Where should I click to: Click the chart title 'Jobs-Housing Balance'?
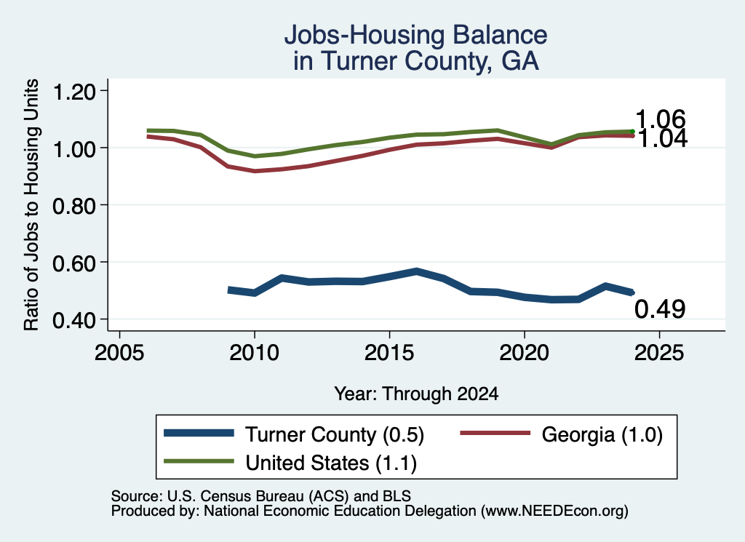(x=415, y=35)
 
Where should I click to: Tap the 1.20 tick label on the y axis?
(x=73, y=91)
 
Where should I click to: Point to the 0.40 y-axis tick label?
(x=73, y=319)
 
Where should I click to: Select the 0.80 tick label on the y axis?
(x=73, y=206)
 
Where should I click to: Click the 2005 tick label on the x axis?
(x=119, y=352)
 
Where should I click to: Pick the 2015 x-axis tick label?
(x=389, y=352)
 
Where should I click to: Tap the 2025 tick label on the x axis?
(x=659, y=352)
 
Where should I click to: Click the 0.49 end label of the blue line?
(x=660, y=309)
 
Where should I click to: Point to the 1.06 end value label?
(x=660, y=119)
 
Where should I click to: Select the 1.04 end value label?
(x=661, y=139)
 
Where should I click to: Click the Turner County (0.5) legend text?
(x=335, y=434)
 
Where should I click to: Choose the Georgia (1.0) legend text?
(x=602, y=434)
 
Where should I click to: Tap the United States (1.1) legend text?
(x=331, y=463)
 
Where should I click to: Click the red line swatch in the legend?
(x=495, y=433)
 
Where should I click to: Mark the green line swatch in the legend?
(x=199, y=461)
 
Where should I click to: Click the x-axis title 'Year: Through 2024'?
(x=416, y=394)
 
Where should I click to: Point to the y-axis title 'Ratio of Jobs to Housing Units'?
(x=31, y=204)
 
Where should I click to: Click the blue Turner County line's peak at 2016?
(x=416, y=271)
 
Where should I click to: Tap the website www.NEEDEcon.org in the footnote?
(x=554, y=511)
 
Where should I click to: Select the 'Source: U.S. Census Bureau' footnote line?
(x=261, y=496)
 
